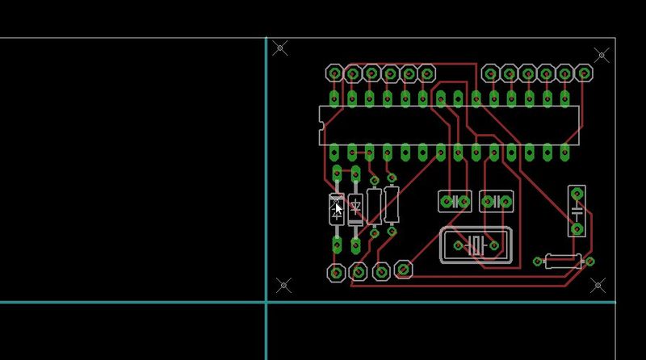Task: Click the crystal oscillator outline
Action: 476,245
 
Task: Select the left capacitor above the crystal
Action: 455,201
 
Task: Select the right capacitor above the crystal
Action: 496,201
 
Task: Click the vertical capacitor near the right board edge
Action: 577,211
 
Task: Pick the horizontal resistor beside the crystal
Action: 564,261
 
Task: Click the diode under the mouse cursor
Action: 337,208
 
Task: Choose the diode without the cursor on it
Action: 354,208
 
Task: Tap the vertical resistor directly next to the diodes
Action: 374,205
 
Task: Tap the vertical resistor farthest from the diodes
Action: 392,203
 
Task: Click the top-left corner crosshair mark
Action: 280,48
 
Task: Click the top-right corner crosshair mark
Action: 602,55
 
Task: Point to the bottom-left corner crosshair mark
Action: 283,285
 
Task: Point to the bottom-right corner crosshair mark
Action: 598,284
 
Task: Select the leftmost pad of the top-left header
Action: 334,73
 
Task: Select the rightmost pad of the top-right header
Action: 583,73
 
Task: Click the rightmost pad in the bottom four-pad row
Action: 403,270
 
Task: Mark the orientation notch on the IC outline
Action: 321,125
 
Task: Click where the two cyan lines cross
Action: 266,302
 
